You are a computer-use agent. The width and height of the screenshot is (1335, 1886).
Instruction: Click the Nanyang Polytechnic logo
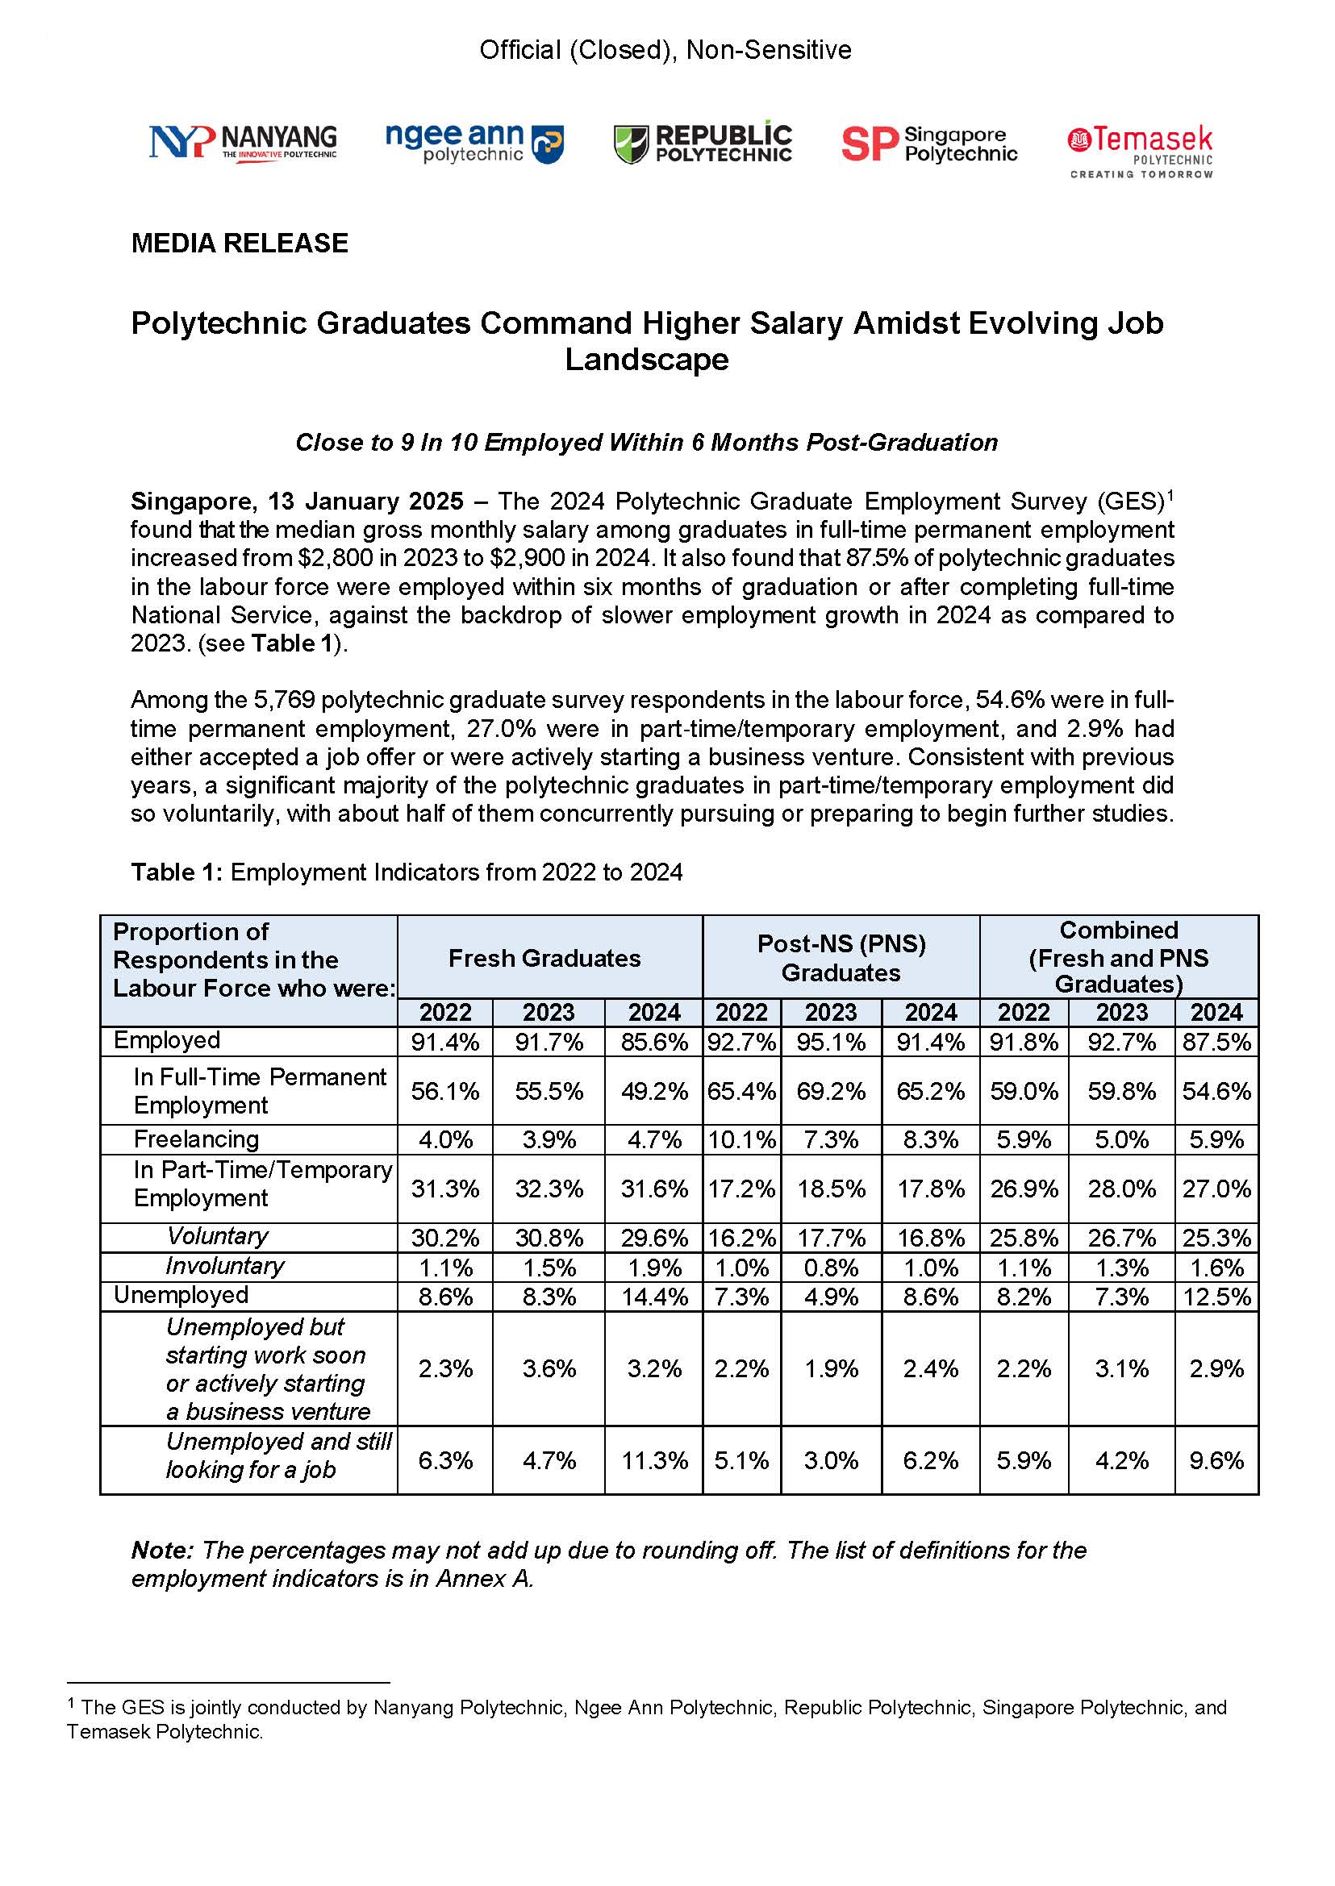click(x=243, y=142)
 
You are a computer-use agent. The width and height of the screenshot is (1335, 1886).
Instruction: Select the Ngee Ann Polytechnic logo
click(x=474, y=142)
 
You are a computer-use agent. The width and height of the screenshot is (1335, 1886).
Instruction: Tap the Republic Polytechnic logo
click(x=703, y=144)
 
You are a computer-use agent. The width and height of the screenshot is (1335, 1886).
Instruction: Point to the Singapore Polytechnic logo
click(x=929, y=144)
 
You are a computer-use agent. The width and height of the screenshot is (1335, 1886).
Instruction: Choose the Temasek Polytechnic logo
click(x=1140, y=151)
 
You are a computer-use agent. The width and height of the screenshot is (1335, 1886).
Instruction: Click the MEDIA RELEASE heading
click(x=240, y=244)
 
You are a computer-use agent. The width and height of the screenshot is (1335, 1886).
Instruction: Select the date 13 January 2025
click(x=365, y=502)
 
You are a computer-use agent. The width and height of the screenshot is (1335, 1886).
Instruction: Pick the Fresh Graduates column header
click(x=544, y=958)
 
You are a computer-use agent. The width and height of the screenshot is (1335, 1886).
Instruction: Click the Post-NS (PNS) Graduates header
click(x=841, y=958)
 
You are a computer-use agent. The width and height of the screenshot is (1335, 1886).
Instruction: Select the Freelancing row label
click(x=197, y=1139)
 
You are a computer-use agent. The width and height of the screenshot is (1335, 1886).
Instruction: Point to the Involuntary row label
click(x=224, y=1266)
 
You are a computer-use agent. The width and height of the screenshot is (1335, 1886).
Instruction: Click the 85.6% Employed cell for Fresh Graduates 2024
click(x=654, y=1042)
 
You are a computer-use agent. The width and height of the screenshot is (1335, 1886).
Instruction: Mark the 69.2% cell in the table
click(x=831, y=1091)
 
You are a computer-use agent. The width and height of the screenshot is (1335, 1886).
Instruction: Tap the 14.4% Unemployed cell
click(x=654, y=1296)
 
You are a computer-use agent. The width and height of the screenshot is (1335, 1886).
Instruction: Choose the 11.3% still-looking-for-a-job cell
click(x=654, y=1460)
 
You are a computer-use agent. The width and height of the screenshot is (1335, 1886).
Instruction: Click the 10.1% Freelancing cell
click(x=741, y=1140)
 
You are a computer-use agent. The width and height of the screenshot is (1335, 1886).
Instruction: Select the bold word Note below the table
click(x=162, y=1551)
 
